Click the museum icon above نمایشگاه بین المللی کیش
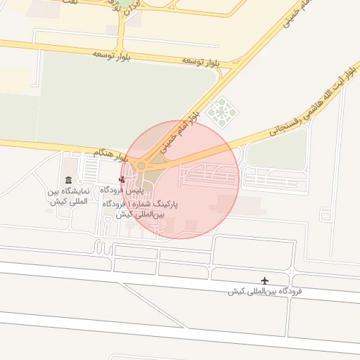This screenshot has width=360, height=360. click(68, 180)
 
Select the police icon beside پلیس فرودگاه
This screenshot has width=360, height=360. click(122, 180)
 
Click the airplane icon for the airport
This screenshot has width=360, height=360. click(265, 281)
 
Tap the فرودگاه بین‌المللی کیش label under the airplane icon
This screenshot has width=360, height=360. click(265, 291)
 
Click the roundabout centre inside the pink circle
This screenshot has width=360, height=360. click(141, 166)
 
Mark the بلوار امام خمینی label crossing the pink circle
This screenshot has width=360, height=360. click(179, 132)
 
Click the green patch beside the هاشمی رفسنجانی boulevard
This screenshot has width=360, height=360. click(276, 150)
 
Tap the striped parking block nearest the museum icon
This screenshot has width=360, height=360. click(90, 168)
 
